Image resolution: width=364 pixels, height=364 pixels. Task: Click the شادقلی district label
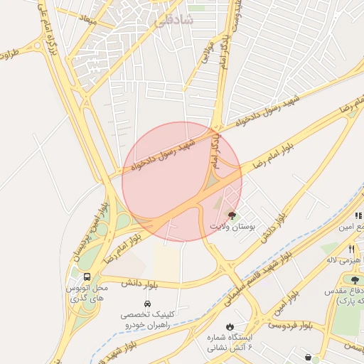172,21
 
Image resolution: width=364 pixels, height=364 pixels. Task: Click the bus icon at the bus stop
87,277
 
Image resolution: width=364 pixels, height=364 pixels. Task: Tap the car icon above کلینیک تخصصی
148,304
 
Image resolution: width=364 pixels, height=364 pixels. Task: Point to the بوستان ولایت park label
232,225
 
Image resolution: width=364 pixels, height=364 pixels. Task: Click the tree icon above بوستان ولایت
232,213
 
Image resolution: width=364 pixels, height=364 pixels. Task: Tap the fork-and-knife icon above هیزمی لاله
352,249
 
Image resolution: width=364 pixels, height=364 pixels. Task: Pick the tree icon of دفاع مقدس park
355,280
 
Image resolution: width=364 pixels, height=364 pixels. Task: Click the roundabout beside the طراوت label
37,47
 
